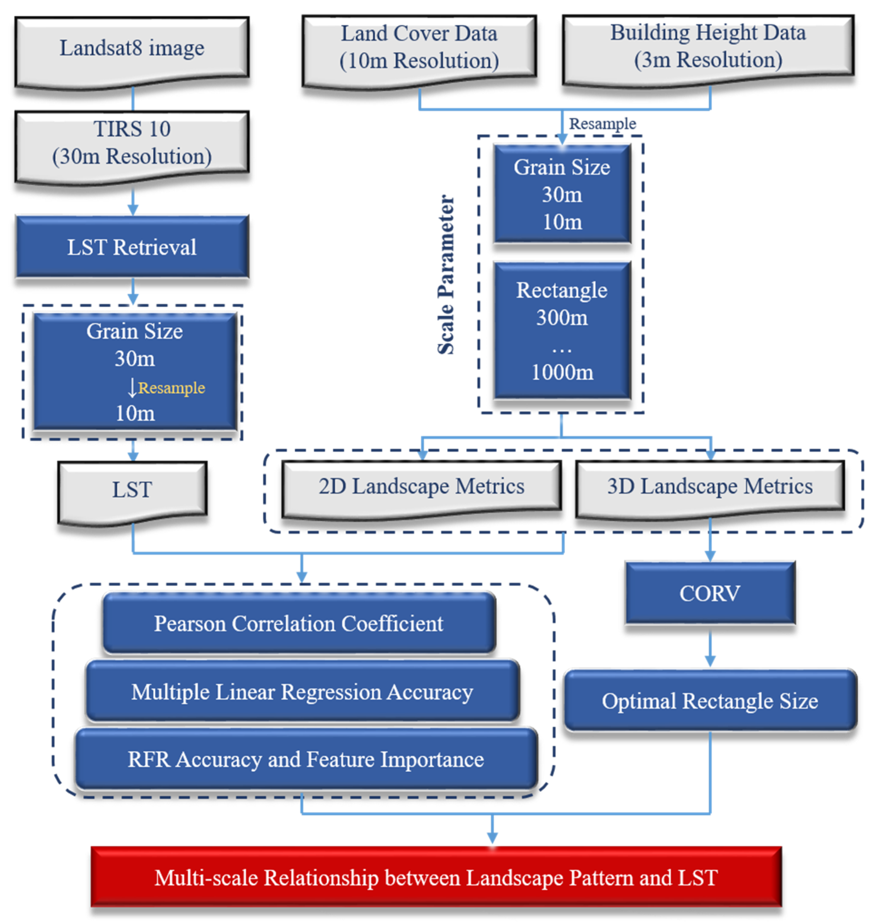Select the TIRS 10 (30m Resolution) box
(x=132, y=143)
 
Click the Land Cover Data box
(x=419, y=47)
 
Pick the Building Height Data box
(x=708, y=47)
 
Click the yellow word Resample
(x=172, y=388)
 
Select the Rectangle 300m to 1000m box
(x=562, y=331)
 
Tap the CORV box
(x=710, y=593)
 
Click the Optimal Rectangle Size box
(x=710, y=701)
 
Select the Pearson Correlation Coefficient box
(x=299, y=623)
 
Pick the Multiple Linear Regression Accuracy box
(x=302, y=691)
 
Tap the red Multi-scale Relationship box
(x=436, y=877)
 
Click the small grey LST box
(x=132, y=490)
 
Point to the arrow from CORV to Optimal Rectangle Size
(x=710, y=647)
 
